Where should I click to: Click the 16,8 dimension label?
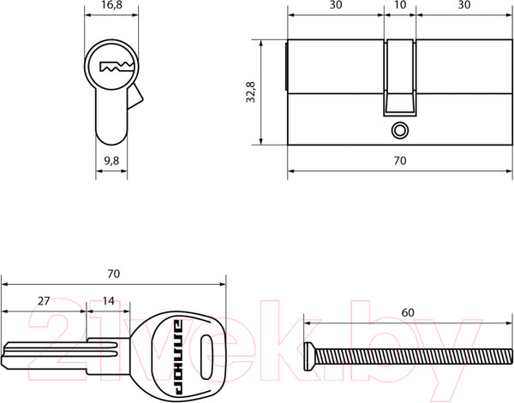[111, 5]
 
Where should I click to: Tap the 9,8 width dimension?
[111, 161]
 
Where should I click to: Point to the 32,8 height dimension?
[251, 92]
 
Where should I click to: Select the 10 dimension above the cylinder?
[400, 5]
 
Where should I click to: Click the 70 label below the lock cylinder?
[400, 161]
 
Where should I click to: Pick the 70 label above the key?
[113, 274]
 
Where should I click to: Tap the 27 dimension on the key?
[44, 301]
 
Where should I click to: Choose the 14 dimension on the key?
[109, 301]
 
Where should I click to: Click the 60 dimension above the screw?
[408, 313]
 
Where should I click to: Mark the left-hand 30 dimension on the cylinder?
[336, 5]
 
